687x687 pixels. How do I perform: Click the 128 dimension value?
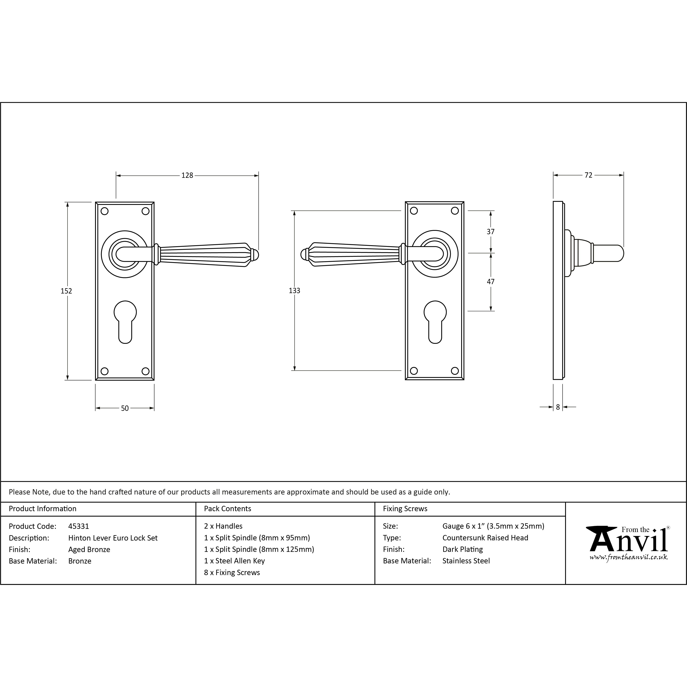pyautogui.click(x=187, y=175)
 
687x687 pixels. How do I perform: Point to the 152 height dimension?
pyautogui.click(x=66, y=291)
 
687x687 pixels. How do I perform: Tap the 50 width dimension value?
pyautogui.click(x=125, y=408)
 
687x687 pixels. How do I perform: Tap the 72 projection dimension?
pyautogui.click(x=589, y=175)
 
